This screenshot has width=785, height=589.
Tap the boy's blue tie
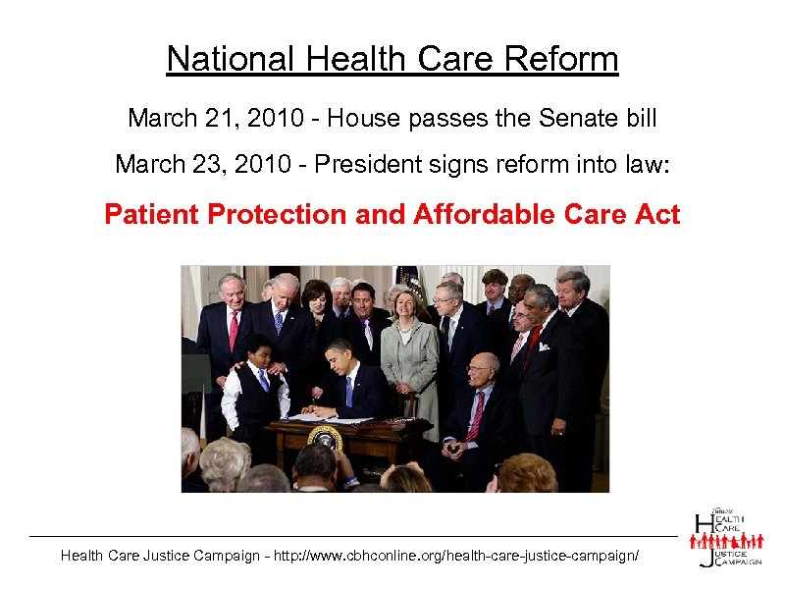coord(263,379)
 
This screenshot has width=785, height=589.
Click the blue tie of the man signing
coord(348,391)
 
